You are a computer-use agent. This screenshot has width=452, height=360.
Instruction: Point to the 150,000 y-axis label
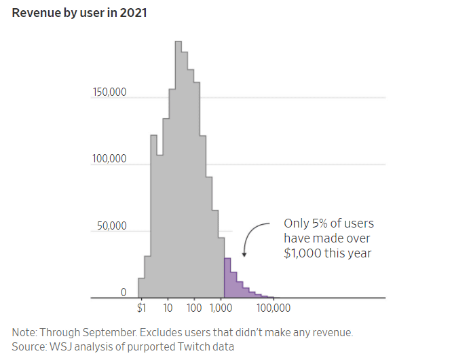109,92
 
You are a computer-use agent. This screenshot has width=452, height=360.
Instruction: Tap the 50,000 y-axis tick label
111,226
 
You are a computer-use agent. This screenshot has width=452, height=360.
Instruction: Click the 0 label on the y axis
124,292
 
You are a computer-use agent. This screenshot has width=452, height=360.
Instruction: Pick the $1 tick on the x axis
141,308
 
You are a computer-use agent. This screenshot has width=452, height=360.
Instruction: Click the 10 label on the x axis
167,308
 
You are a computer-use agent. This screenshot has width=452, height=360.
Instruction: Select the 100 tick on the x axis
194,308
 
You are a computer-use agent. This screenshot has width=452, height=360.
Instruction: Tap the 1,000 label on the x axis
222,308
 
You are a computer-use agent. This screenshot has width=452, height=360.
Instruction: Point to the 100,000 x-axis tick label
274,308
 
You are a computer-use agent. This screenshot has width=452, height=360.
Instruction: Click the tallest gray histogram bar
178,170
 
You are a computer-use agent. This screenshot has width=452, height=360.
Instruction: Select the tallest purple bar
227,278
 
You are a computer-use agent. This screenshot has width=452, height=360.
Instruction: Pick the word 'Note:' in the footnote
24,333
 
